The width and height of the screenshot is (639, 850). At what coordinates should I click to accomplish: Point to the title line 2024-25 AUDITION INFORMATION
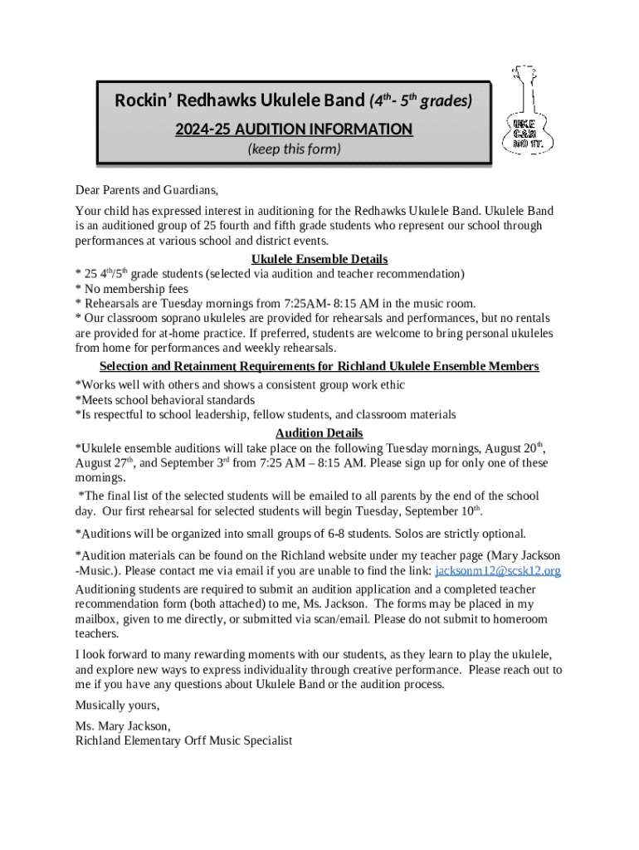(294, 129)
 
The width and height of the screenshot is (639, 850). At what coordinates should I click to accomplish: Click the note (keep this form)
(294, 149)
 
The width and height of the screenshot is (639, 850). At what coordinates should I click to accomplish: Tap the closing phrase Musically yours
(117, 705)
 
